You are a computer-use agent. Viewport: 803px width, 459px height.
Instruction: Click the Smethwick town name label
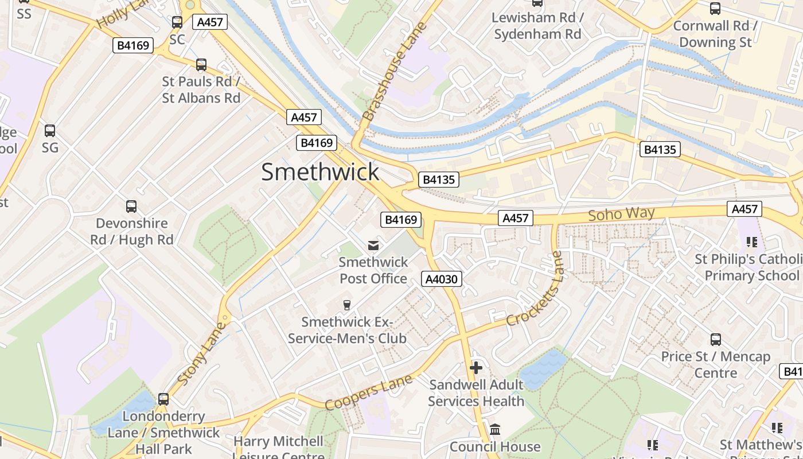point(320,172)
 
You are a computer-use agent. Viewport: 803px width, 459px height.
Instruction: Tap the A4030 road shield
point(442,279)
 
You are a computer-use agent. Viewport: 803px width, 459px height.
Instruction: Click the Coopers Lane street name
point(368,392)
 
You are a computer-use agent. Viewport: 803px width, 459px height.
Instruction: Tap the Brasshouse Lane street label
point(395,71)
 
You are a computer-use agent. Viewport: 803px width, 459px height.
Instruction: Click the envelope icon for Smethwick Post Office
point(373,246)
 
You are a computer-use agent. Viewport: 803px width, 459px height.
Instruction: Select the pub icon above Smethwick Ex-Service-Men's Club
point(346,305)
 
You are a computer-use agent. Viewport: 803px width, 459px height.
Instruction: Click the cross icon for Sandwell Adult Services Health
point(476,368)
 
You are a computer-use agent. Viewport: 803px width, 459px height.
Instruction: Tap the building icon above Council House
point(495,430)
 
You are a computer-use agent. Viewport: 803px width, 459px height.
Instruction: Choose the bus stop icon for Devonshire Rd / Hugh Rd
point(131,207)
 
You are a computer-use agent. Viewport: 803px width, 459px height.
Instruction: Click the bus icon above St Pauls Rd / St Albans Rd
point(201,65)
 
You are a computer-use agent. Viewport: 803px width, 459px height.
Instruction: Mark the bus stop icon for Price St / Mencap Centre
point(715,340)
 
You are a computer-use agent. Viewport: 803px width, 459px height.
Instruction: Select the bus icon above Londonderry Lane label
point(163,399)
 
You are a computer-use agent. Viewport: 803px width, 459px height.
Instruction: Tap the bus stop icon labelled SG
point(50,131)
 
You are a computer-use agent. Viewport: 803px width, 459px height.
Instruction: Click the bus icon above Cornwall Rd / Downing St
point(715,9)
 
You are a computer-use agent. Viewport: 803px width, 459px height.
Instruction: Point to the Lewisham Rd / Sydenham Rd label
point(537,26)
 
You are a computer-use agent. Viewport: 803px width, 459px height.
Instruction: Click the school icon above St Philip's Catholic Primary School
point(751,242)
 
